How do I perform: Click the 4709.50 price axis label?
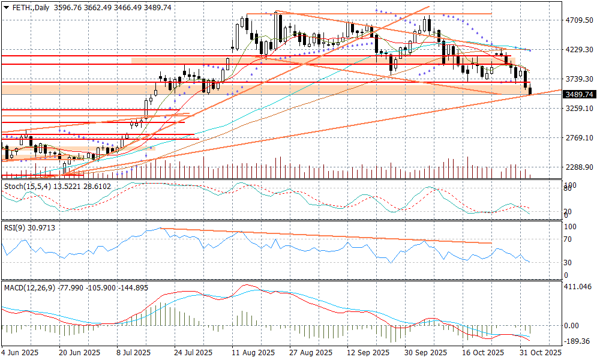pos(580,20)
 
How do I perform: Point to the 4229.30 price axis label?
pos(580,50)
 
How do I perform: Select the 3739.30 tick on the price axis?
pos(580,79)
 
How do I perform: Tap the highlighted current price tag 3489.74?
pos(580,95)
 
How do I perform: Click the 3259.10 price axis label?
pos(580,109)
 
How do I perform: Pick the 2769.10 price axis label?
pos(580,138)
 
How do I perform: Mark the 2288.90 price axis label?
pos(580,167)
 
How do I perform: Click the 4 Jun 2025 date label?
pos(20,353)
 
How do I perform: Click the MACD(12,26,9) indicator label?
pos(29,288)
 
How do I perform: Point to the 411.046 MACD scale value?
pos(578,287)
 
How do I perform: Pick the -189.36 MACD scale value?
pos(578,341)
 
